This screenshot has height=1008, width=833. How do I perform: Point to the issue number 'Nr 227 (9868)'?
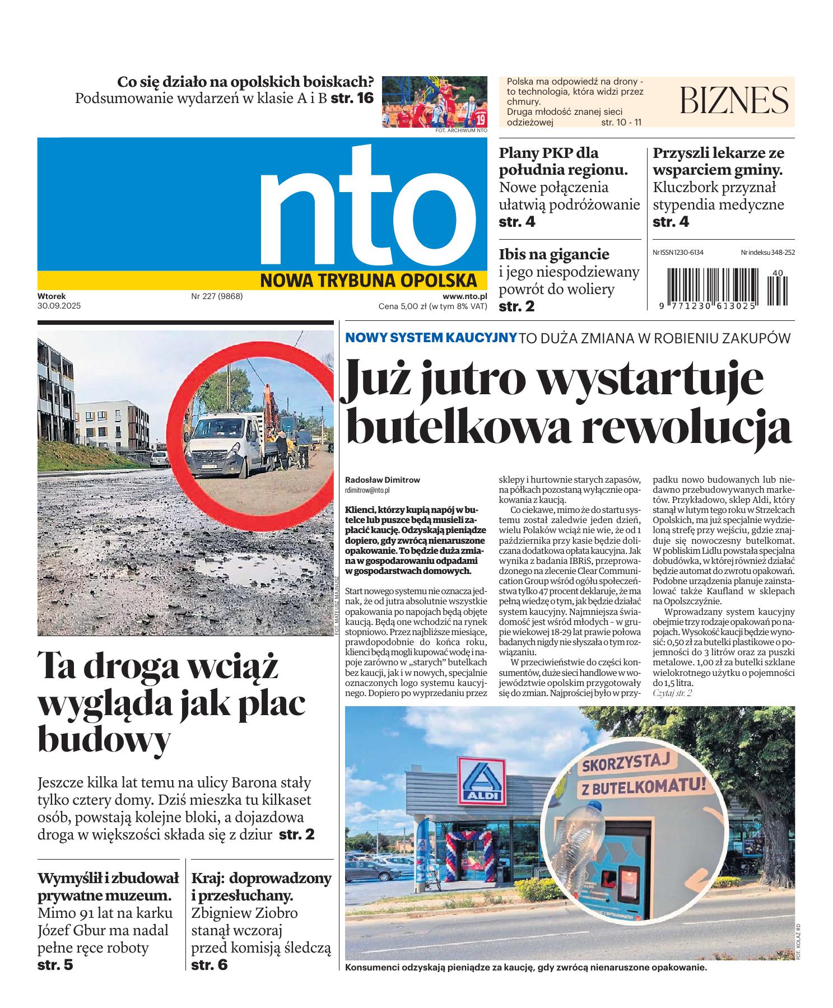pos(217,296)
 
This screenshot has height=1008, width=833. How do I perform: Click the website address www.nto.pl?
pos(464,296)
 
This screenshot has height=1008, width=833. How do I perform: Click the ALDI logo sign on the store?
pos(481,780)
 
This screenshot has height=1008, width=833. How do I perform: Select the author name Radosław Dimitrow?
pos(383,480)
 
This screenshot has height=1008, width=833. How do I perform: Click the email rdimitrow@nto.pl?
pos(367,489)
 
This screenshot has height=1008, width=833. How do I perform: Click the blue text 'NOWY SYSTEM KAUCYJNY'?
pos(431,338)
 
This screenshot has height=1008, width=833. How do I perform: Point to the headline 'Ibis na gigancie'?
pos(554,254)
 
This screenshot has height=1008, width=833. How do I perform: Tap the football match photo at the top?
pos(435,102)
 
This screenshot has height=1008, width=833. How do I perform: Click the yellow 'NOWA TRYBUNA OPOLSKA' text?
pos(368,280)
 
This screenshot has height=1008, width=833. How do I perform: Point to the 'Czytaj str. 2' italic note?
pos(672,693)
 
